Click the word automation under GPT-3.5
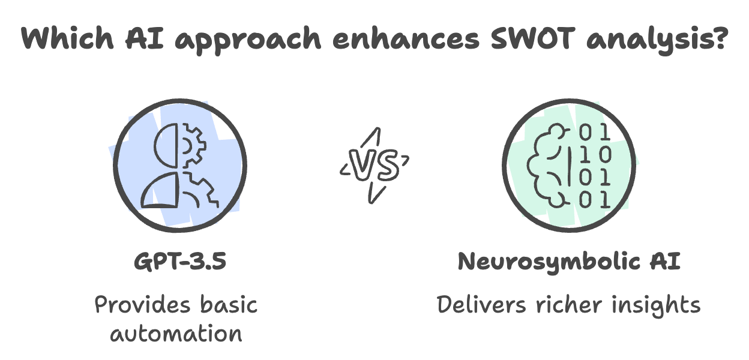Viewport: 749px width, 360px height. (x=176, y=333)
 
